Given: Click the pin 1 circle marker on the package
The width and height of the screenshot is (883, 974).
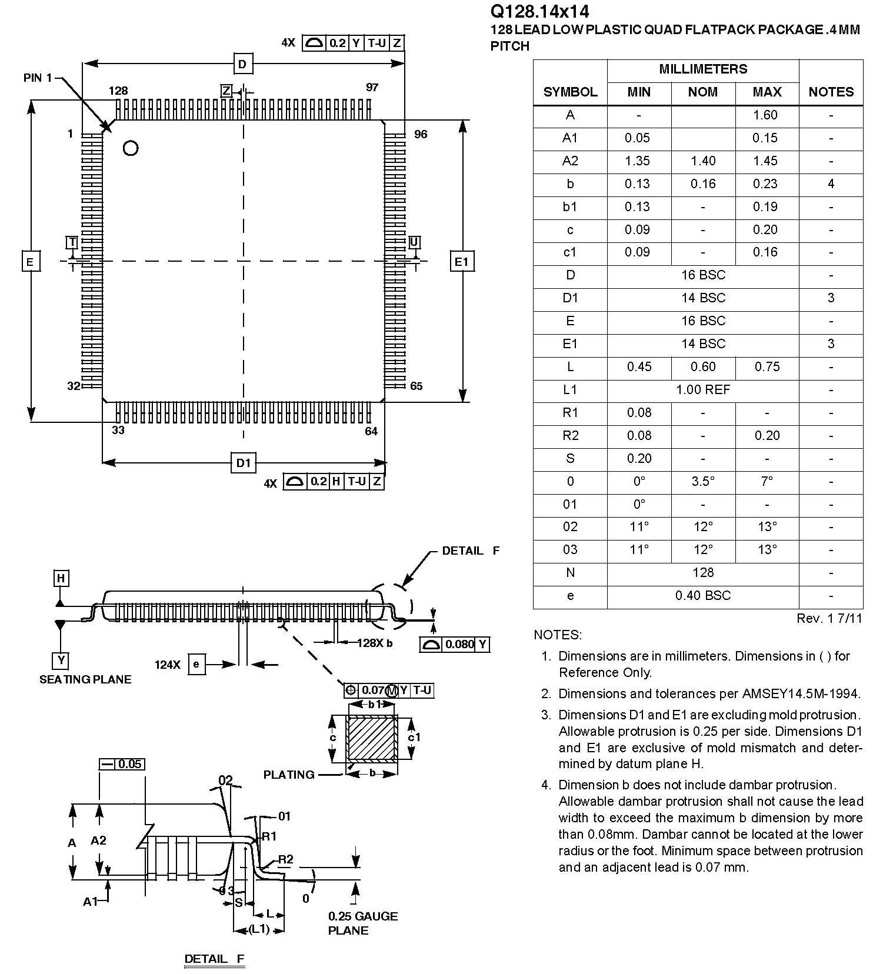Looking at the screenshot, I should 131,148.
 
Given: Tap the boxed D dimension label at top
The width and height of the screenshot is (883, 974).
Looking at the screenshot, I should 242,64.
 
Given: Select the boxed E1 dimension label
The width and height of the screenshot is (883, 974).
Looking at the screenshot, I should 462,261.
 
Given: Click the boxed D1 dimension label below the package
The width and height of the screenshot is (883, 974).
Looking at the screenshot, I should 244,463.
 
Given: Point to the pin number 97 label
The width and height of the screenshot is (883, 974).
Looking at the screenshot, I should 372,88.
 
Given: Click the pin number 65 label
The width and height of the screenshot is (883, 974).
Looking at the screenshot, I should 416,386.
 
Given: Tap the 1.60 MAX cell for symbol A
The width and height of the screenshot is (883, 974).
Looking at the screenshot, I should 765,115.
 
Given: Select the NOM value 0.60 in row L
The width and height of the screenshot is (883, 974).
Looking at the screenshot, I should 703,367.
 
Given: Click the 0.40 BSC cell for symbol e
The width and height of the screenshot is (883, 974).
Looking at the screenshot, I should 703,596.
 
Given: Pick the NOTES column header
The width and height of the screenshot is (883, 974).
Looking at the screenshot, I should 831,92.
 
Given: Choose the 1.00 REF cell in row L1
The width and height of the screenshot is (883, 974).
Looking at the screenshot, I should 703,390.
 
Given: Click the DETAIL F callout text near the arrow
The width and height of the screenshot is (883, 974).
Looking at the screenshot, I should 470,551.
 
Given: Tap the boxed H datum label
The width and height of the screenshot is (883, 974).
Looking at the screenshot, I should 61,579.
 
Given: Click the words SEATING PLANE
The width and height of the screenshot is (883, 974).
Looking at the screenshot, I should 85,679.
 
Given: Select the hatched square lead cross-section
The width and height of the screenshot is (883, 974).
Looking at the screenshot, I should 372,738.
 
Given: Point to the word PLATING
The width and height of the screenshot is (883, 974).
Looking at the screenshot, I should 289,775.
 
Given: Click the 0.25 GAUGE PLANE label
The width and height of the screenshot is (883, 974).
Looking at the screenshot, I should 362,923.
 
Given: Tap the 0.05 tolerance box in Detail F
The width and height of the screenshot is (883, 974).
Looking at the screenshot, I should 122,764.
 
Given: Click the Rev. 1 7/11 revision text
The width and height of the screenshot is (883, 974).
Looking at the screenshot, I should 829,618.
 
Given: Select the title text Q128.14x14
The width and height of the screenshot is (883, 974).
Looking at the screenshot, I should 539,12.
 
